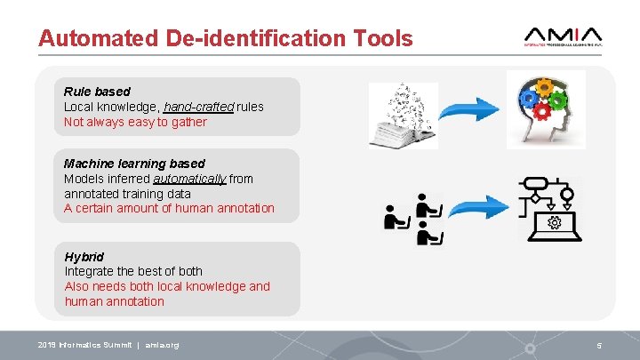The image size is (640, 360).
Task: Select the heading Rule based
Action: pos(97,91)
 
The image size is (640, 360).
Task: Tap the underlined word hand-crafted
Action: pos(198,107)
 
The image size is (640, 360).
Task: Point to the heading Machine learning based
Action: pos(134,164)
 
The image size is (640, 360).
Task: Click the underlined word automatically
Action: pos(189,179)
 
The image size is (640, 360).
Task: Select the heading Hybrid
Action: pos(84,257)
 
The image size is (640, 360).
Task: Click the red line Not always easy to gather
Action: pos(135,122)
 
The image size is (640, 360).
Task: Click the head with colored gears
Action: pos(546,108)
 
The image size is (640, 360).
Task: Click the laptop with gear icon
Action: pos(554,222)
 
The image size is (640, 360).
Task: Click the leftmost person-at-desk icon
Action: pos(395,217)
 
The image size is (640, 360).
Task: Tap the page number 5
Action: pos(599,345)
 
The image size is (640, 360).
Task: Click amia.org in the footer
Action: pos(162,345)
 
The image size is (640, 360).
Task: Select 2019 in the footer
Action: pos(47,345)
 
